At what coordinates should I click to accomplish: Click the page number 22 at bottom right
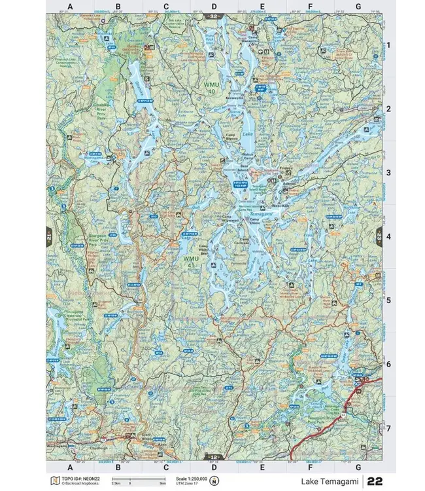375,481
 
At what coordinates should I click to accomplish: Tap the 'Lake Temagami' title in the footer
329,481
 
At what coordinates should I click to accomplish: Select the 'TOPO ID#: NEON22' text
77,479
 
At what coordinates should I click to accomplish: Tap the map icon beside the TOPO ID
56,481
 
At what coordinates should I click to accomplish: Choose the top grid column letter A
71,7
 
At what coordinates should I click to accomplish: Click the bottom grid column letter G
358,467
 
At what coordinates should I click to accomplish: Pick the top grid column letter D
214,7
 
